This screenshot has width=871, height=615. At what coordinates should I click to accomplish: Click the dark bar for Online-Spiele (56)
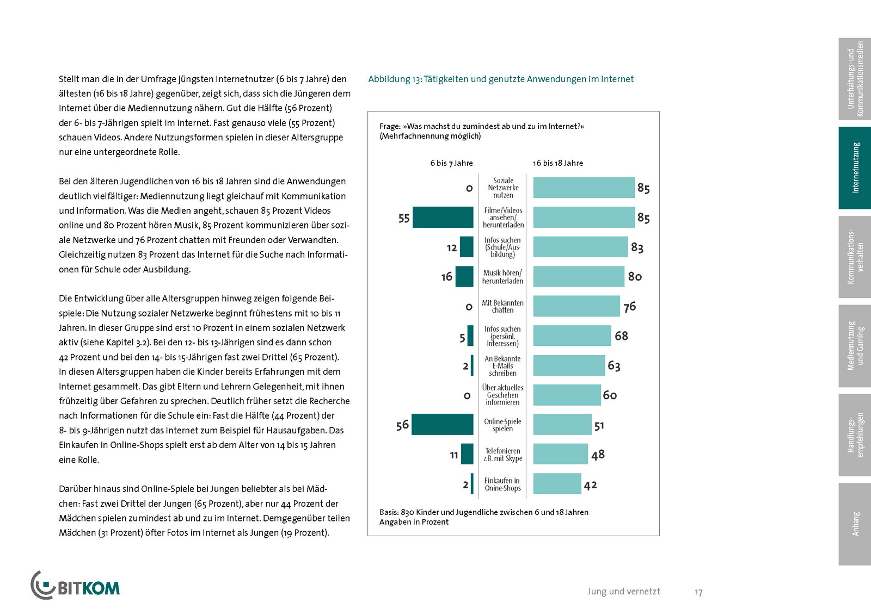point(442,425)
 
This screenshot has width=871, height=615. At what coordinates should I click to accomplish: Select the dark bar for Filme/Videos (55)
point(443,218)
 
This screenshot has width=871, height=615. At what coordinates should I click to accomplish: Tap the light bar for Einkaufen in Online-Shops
point(557,484)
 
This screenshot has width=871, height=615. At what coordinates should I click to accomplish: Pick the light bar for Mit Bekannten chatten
point(576,306)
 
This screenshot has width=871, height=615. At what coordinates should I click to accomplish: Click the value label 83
point(637,247)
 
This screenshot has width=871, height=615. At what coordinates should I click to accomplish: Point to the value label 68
point(621,336)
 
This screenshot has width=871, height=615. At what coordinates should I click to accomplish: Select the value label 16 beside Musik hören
point(446,277)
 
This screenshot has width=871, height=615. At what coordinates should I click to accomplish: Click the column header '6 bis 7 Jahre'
point(451,163)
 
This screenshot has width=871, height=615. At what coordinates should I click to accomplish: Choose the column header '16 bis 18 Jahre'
point(557,163)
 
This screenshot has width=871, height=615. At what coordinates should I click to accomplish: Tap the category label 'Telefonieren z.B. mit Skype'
point(503,455)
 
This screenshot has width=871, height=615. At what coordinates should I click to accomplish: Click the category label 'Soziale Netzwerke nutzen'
point(503,188)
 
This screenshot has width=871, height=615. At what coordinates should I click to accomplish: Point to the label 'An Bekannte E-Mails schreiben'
point(502,366)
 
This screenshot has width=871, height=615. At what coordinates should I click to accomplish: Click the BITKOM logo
point(75,586)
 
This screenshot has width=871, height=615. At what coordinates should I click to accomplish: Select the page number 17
point(698,592)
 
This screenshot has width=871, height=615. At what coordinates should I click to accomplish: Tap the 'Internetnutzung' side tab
point(855,168)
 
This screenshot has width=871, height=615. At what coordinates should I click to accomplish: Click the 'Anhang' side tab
point(855,524)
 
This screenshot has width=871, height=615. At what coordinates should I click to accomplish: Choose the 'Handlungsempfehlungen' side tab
point(855,435)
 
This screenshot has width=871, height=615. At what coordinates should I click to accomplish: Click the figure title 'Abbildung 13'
point(501,79)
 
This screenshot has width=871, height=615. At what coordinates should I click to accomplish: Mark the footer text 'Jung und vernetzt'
point(623,592)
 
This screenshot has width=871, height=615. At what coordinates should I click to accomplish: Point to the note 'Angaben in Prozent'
point(414,522)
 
